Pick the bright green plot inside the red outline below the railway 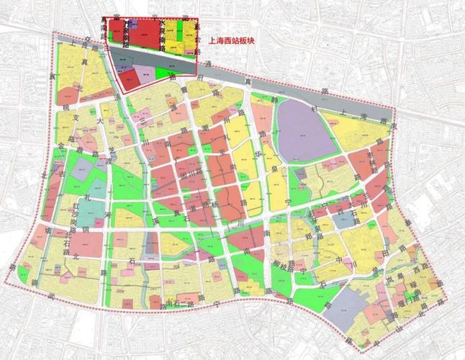tap(166, 73)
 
